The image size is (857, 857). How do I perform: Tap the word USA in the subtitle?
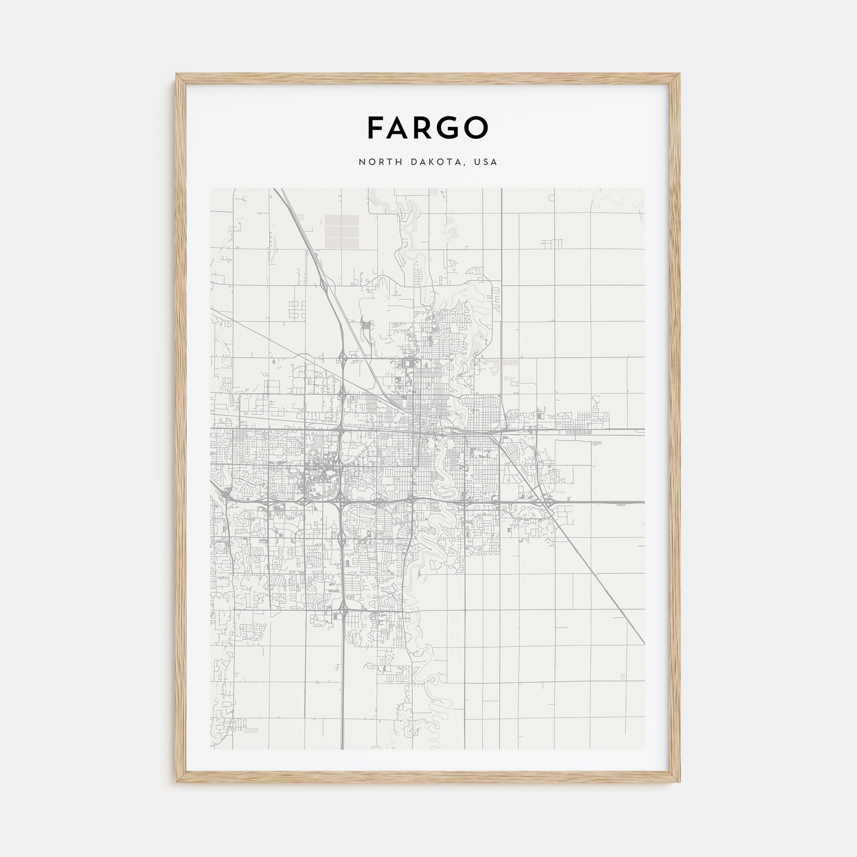(x=486, y=162)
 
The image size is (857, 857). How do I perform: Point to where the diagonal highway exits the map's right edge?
(x=644, y=643)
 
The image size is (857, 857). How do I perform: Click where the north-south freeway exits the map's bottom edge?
(x=342, y=748)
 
